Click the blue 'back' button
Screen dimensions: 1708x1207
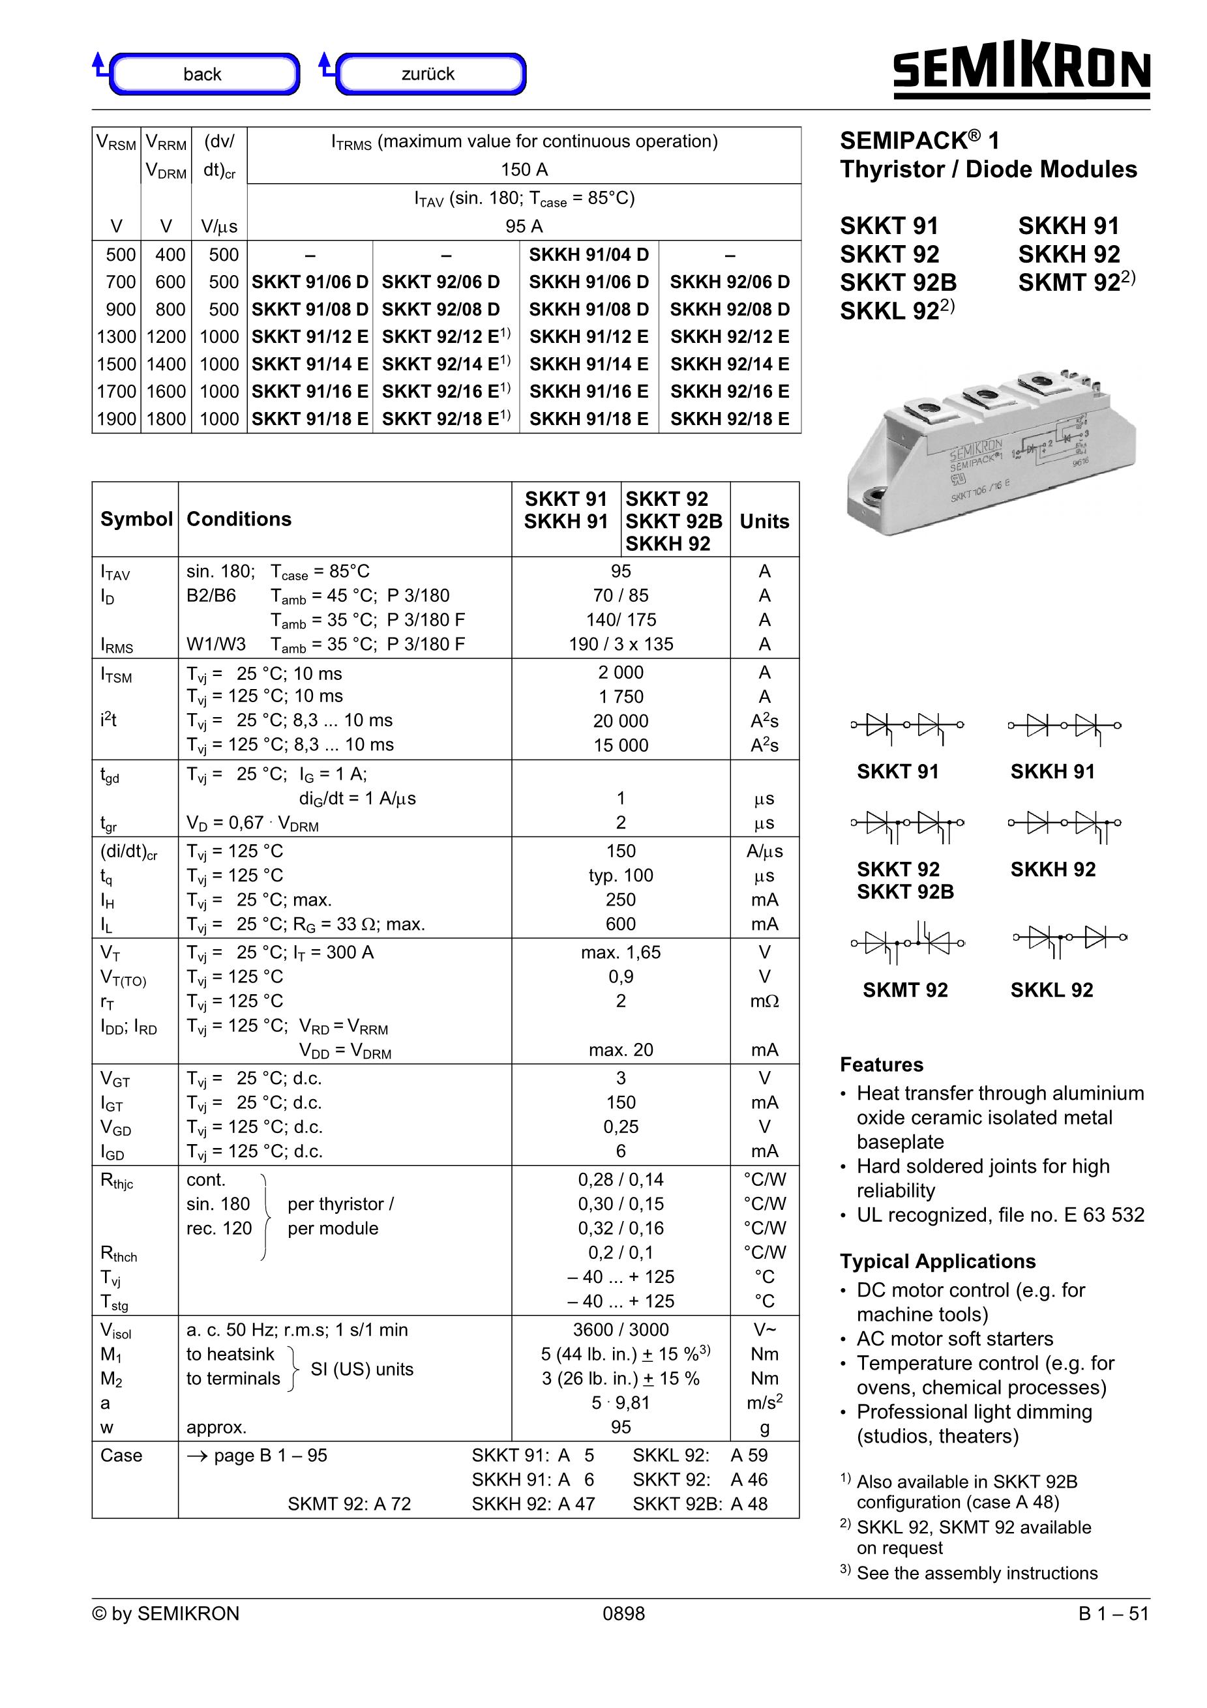pos(202,74)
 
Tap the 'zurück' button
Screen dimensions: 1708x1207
pos(428,74)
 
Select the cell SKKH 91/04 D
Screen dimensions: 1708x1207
pos(589,254)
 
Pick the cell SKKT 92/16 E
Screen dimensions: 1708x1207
pos(445,391)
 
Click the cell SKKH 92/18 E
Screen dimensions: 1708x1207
pos(729,419)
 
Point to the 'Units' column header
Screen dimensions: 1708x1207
pos(764,521)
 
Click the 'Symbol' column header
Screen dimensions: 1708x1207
pos(136,518)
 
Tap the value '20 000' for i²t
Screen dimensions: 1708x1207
pos(621,721)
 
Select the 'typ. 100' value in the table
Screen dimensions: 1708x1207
pos(621,876)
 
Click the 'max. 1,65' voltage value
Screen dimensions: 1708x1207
pos(621,952)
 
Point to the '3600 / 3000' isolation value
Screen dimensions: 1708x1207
pos(621,1329)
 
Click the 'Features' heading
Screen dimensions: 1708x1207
pos(881,1065)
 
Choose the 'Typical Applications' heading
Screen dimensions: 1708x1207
pos(938,1261)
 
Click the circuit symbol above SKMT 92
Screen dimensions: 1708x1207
pos(907,942)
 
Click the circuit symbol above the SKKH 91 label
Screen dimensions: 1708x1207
pos(1064,726)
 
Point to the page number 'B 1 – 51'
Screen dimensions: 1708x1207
pos(1113,1613)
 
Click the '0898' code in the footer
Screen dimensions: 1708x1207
pos(623,1613)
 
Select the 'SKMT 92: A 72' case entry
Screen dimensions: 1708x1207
pos(349,1503)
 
